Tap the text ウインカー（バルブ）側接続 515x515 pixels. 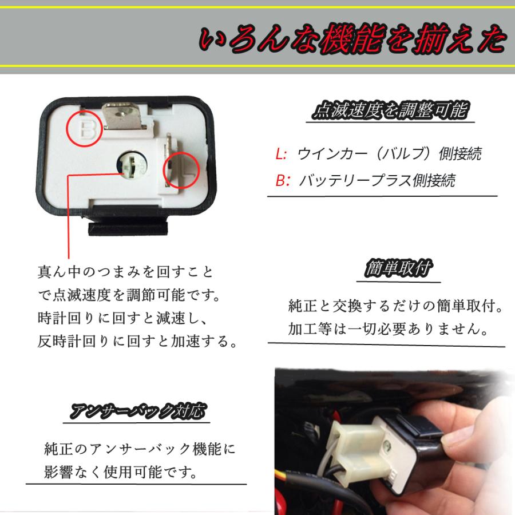click(x=389, y=154)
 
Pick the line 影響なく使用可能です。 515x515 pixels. click(x=120, y=473)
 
